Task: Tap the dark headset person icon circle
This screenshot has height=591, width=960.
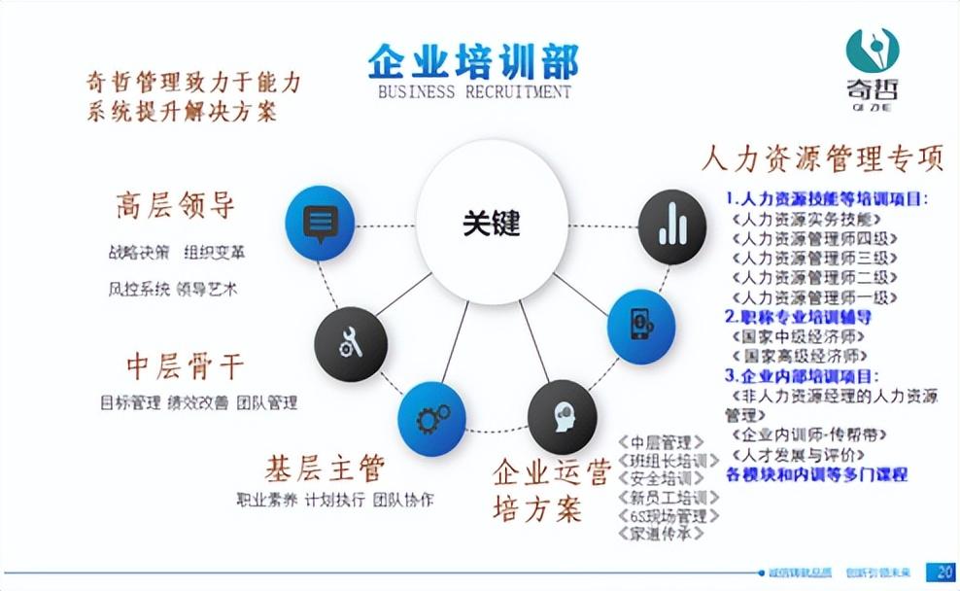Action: (x=562, y=415)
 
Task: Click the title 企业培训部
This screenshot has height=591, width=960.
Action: (x=473, y=60)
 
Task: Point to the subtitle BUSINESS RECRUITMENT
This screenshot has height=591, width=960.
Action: (x=473, y=92)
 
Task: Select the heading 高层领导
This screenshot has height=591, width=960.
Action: (x=175, y=206)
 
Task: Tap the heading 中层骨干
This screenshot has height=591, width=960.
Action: (x=185, y=366)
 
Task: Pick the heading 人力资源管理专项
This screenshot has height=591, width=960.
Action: (x=822, y=157)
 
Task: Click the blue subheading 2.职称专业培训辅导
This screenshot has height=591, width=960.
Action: (x=798, y=317)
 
